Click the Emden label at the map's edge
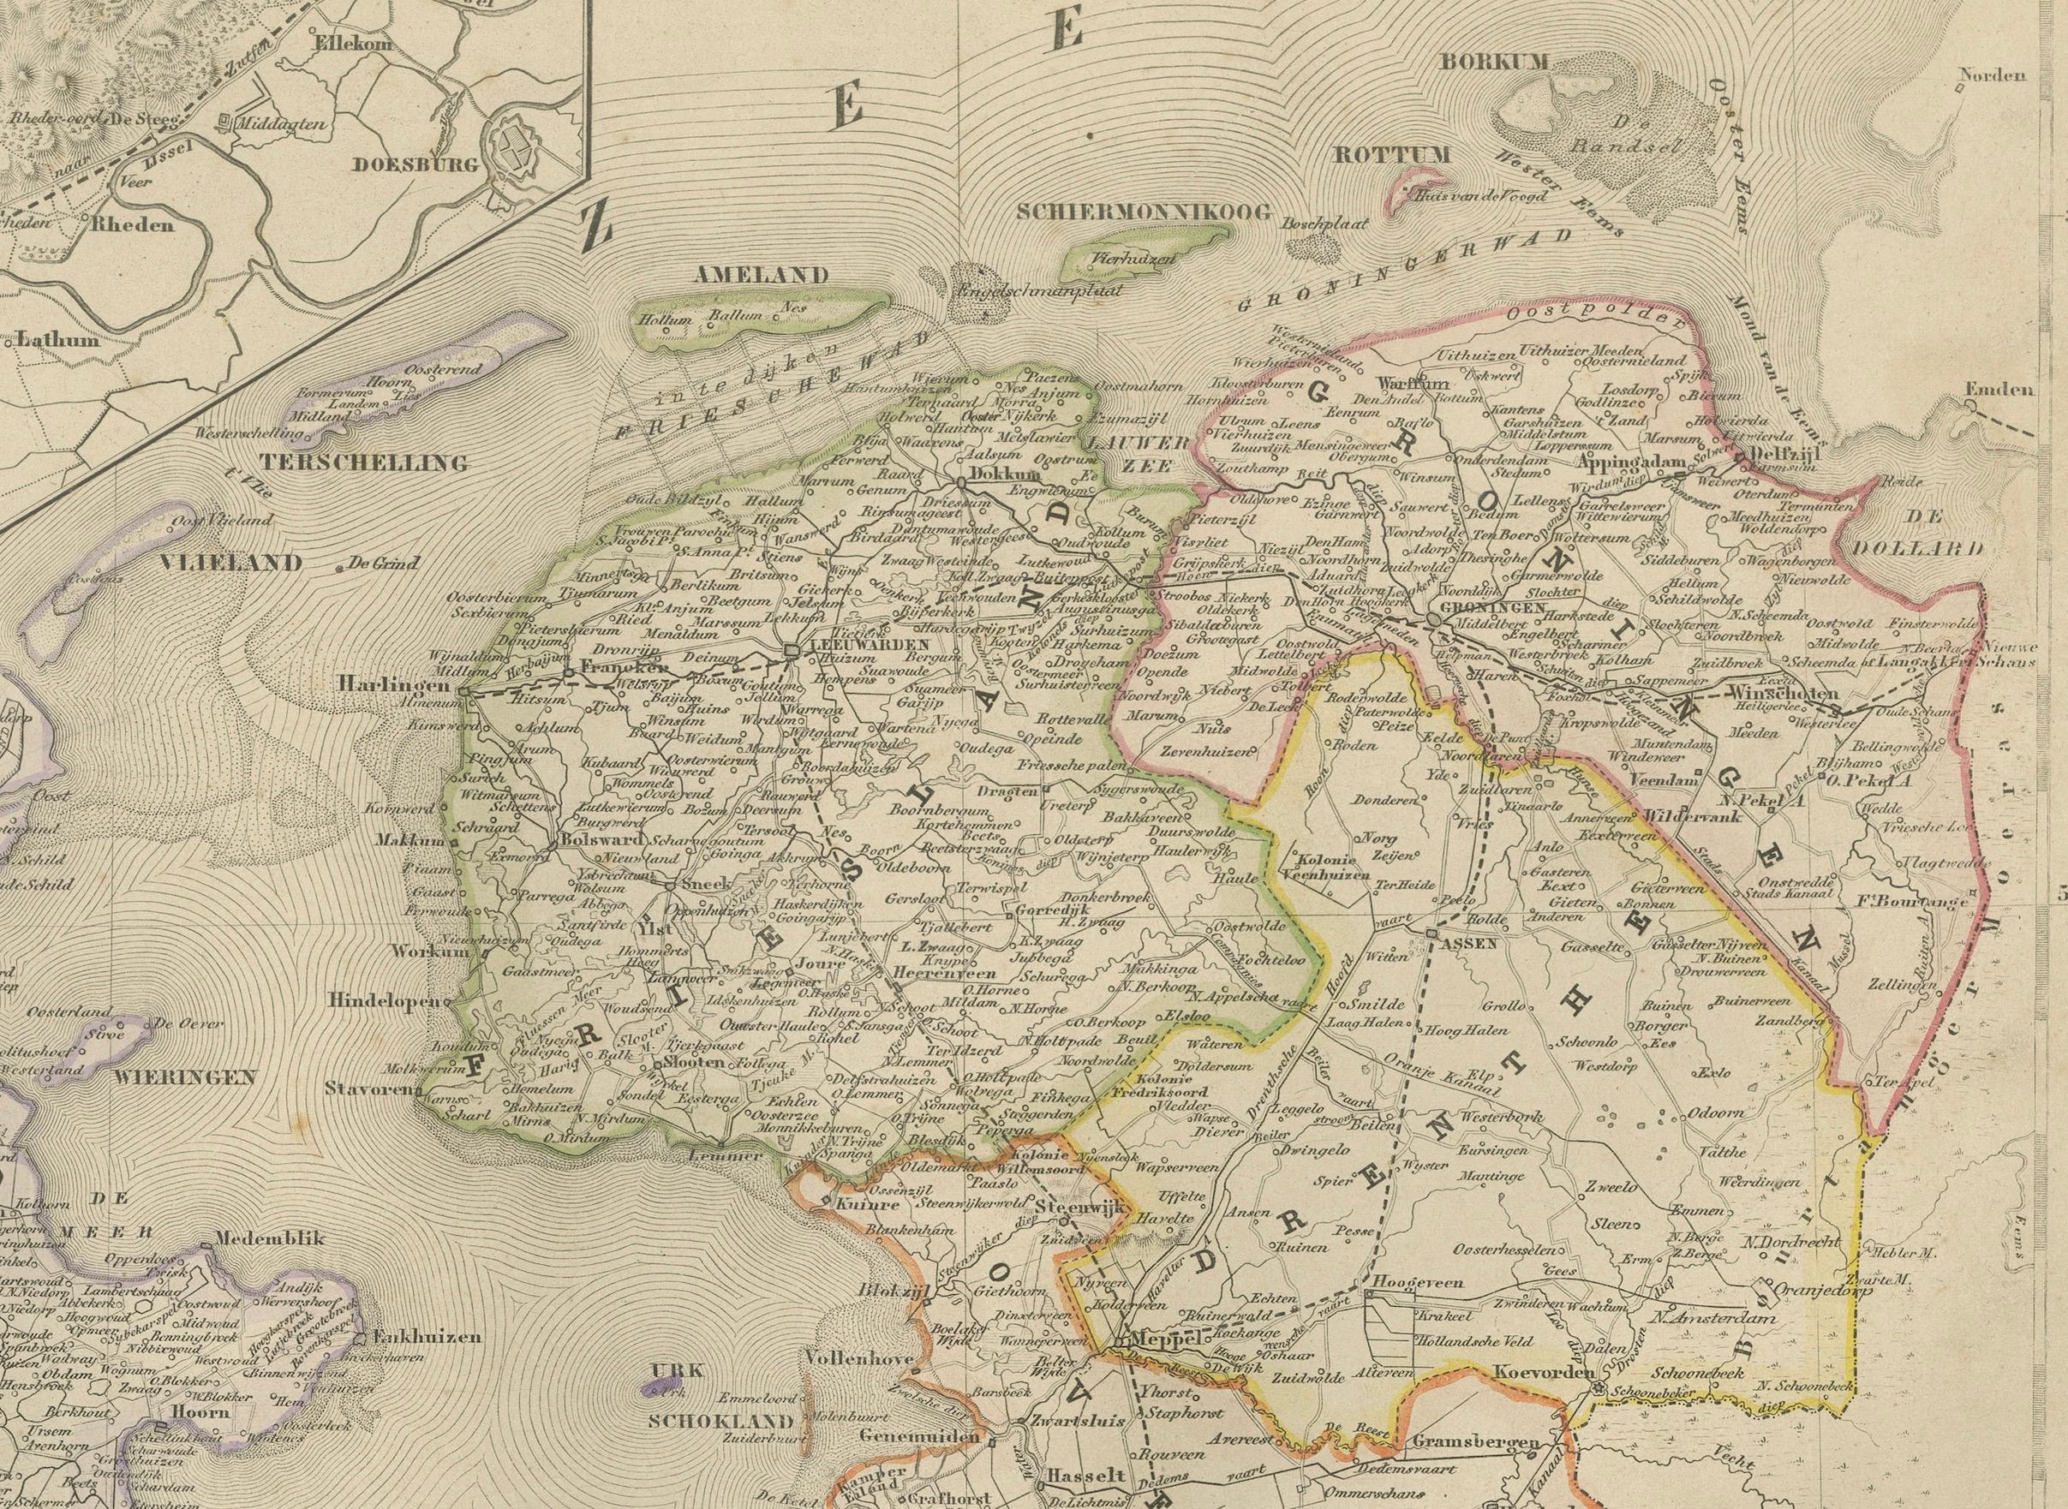click(1999, 390)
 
